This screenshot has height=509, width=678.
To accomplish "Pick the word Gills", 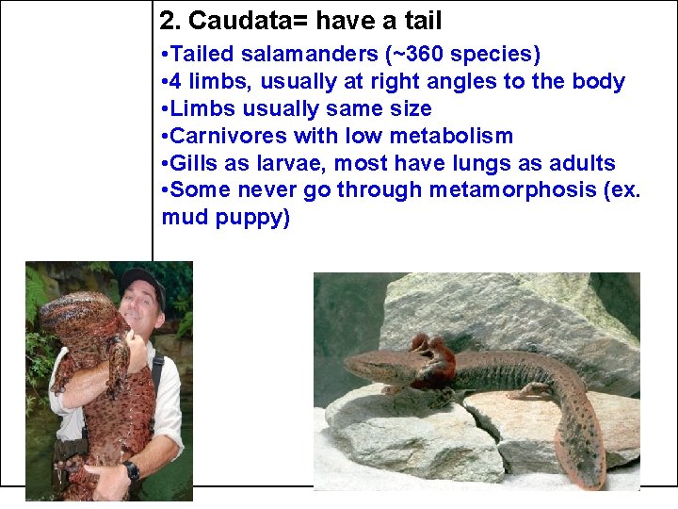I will click(x=193, y=164).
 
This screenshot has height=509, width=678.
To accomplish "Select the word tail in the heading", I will click(x=421, y=20).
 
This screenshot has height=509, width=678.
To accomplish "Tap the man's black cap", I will click(x=140, y=280).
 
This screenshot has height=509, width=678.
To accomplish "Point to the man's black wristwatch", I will click(x=131, y=469).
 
